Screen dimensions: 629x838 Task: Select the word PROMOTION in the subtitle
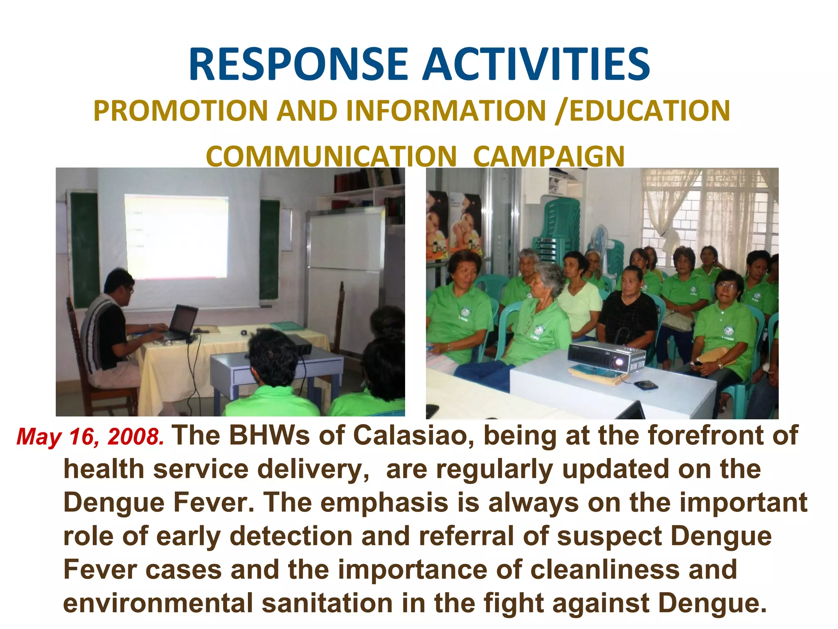pos(180,111)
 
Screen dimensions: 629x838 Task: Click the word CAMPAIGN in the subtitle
pos(549,156)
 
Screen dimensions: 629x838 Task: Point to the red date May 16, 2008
pos(90,437)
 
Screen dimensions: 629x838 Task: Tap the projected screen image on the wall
pos(176,237)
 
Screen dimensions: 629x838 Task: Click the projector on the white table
pos(606,357)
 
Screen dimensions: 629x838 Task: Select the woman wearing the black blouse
pos(627,311)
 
